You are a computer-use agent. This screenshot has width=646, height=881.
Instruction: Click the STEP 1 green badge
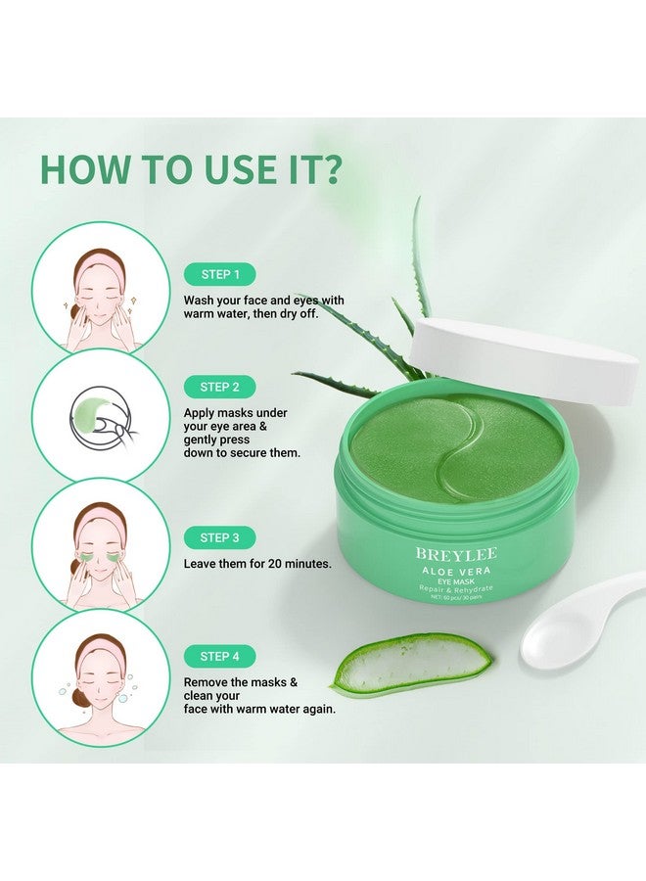pyautogui.click(x=219, y=275)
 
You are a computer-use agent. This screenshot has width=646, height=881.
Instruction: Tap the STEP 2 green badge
pyautogui.click(x=219, y=387)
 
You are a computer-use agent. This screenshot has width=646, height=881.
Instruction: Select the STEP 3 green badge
pyautogui.click(x=219, y=537)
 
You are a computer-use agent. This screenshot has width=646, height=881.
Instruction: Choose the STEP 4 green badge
pyautogui.click(x=219, y=656)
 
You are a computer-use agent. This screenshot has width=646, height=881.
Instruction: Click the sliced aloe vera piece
pyautogui.click(x=411, y=666)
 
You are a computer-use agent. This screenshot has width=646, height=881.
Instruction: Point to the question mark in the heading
pyautogui.click(x=329, y=168)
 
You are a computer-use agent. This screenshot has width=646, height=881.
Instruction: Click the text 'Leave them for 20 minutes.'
pyautogui.click(x=256, y=564)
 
